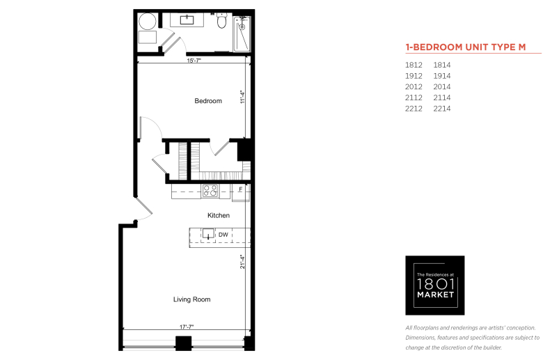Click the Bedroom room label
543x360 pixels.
(208, 101)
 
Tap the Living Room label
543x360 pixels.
(192, 299)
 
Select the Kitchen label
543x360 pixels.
(219, 216)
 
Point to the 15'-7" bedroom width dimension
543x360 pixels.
(194, 61)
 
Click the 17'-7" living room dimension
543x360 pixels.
(187, 327)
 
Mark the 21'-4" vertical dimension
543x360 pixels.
(242, 262)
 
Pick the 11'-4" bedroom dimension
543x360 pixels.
(242, 97)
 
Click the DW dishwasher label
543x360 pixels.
(223, 235)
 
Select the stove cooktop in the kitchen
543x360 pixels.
(210, 191)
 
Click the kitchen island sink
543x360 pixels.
(208, 233)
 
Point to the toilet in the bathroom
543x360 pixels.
(221, 21)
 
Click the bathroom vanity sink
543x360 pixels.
(187, 19)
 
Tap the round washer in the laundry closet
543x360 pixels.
(148, 22)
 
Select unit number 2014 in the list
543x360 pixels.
(442, 86)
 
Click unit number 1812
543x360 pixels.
(414, 65)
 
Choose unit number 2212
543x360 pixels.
(414, 109)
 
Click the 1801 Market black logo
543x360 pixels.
(435, 285)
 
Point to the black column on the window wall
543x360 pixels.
(183, 343)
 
